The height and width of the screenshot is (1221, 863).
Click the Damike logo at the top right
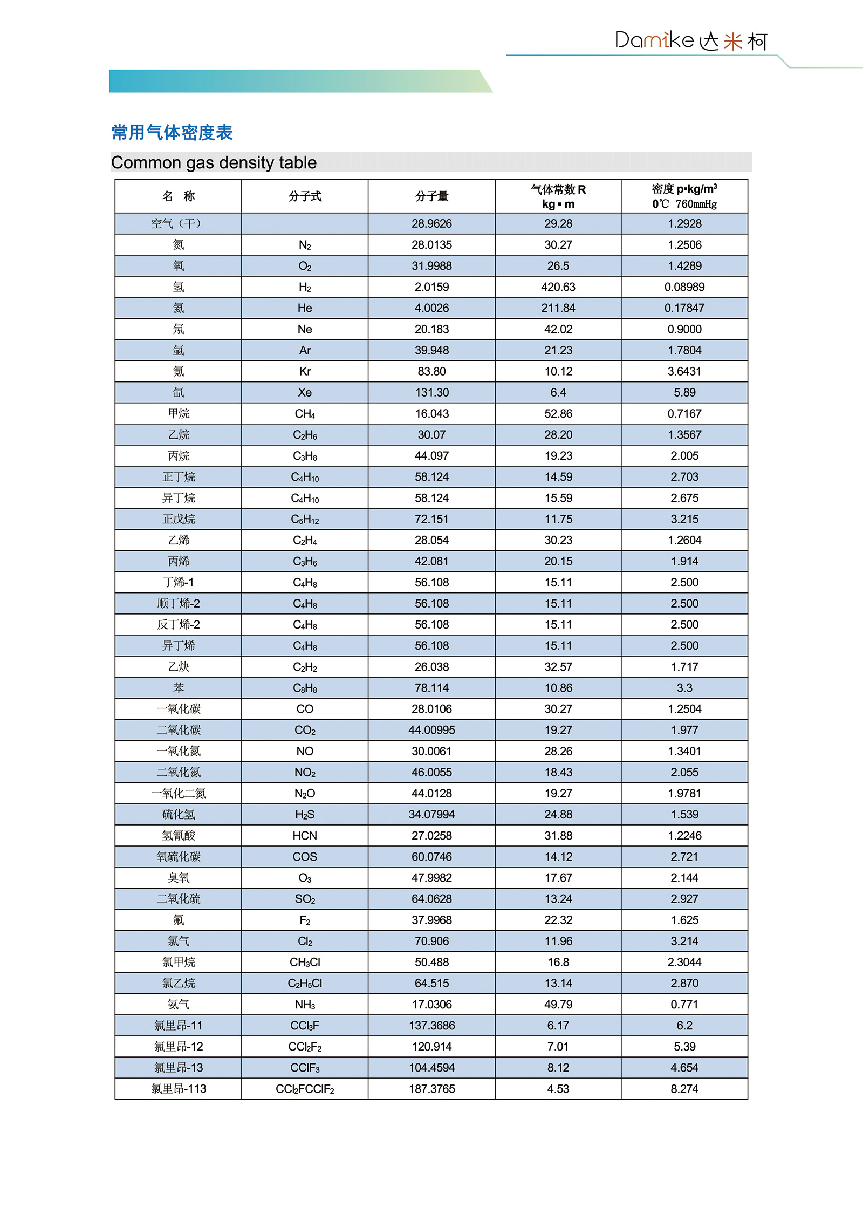point(691,40)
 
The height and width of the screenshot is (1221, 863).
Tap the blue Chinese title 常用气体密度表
point(172,132)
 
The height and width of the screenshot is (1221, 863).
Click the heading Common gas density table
point(214,162)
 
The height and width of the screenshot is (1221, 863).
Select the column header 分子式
point(305,196)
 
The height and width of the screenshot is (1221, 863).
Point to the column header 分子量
point(432,196)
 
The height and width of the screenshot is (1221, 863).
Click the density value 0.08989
point(684,287)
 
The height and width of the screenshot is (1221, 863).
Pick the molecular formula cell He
point(305,308)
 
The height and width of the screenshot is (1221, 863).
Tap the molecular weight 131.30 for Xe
point(432,392)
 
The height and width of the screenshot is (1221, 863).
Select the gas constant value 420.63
point(558,287)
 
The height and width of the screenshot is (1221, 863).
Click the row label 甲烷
point(179,413)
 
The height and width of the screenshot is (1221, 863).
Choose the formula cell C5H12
point(305,519)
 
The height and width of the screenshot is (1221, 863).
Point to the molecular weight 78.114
point(432,688)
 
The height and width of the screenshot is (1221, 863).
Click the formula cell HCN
point(305,836)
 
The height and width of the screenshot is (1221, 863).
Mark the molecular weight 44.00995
point(432,730)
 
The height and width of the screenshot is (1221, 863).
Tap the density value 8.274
point(684,1089)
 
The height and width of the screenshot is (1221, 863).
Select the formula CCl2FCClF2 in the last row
point(305,1089)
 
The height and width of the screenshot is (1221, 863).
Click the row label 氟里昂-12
point(179,1047)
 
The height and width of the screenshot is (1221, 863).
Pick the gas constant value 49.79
point(558,1004)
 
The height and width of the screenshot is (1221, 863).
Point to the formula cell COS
point(305,857)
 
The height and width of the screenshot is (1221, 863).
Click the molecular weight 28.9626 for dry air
point(432,223)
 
